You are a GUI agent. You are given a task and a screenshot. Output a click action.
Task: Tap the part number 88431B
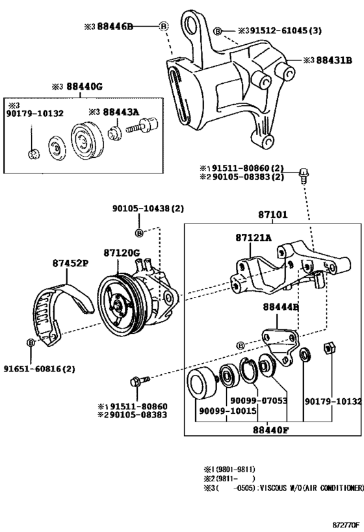coord(334,60)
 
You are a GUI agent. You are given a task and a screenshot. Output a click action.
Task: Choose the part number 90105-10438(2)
coord(148,209)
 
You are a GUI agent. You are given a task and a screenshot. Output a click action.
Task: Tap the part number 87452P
coord(71,264)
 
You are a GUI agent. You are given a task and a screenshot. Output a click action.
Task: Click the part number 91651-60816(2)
coord(42,368)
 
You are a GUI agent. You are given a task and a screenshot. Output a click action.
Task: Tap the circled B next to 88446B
coord(163,26)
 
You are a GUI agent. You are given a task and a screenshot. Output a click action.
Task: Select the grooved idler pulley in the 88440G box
coord(84,141)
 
